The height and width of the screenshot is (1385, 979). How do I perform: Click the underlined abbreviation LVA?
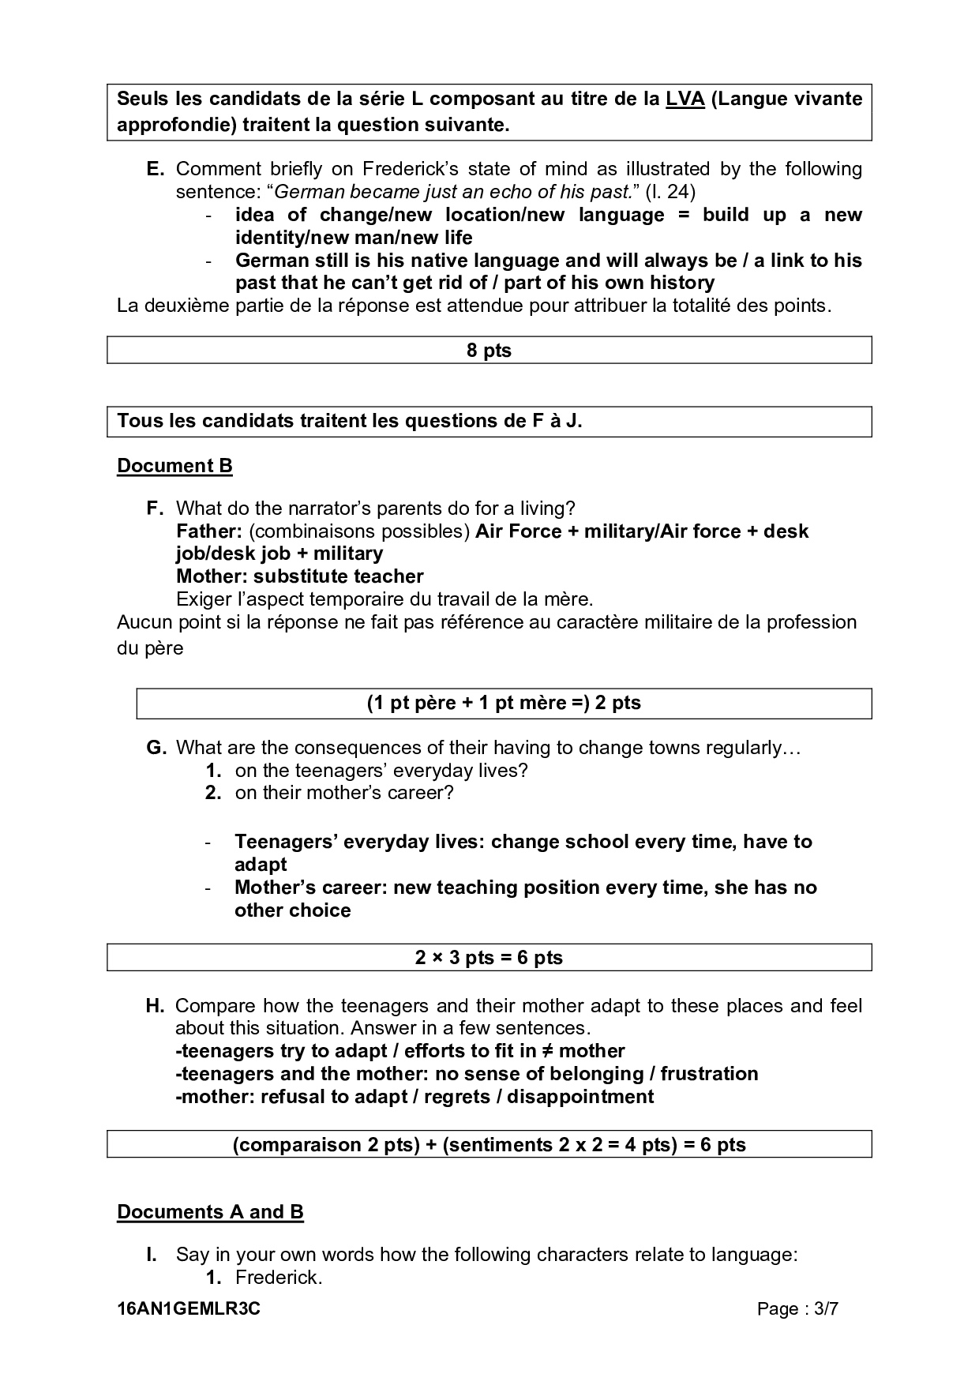pyautogui.click(x=685, y=99)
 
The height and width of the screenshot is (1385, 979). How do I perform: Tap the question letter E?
pyautogui.click(x=155, y=169)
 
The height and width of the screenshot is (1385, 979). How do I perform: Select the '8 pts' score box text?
pyautogui.click(x=489, y=351)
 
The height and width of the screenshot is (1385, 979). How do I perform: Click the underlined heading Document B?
pyautogui.click(x=174, y=466)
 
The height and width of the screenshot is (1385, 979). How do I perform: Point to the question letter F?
pyautogui.click(x=155, y=509)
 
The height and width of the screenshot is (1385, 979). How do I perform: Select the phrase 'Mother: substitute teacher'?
pyautogui.click(x=299, y=576)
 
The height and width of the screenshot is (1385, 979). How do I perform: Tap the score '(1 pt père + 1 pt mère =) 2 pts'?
pyautogui.click(x=503, y=704)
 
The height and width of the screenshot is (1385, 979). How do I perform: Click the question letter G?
pyautogui.click(x=156, y=748)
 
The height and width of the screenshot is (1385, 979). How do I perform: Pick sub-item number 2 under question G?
pyautogui.click(x=213, y=794)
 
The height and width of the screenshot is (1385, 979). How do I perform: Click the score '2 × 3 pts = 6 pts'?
pyautogui.click(x=489, y=958)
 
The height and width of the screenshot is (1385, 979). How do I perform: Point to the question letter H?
pyautogui.click(x=155, y=1006)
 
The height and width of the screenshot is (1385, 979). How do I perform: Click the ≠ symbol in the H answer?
pyautogui.click(x=550, y=1052)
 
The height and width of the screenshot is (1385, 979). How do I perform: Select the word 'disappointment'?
pyautogui.click(x=580, y=1097)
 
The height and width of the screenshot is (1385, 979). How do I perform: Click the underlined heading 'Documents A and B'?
pyautogui.click(x=210, y=1212)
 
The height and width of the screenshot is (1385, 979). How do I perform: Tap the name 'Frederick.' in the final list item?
pyautogui.click(x=279, y=1278)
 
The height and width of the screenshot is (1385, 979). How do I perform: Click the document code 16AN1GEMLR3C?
pyautogui.click(x=189, y=1309)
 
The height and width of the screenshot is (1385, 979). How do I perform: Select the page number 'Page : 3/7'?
pyautogui.click(x=797, y=1309)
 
